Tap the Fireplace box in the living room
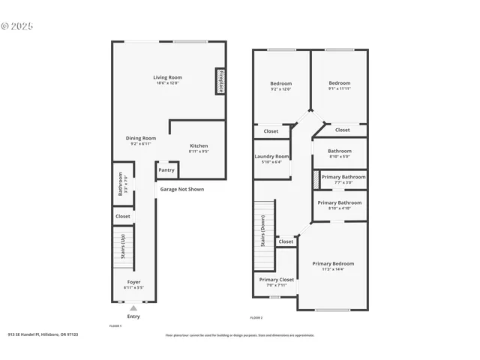[220, 81]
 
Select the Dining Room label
[140, 138]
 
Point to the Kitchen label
[199, 145]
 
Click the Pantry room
[166, 170]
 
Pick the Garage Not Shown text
[182, 189]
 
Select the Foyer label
[133, 282]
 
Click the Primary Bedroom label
[333, 263]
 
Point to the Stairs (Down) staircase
[262, 231]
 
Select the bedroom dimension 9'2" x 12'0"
[280, 89]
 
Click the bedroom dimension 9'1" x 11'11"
[340, 88]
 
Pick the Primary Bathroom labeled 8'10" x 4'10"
[339, 202]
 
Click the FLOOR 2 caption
[256, 318]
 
